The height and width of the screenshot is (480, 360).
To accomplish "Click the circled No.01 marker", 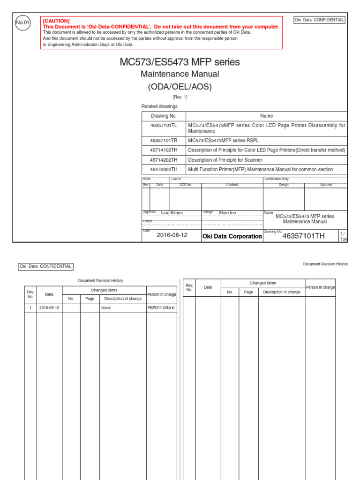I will [22, 22].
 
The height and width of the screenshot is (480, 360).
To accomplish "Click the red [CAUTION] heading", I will [56, 21].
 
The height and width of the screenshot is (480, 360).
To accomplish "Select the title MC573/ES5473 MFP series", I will [180, 62].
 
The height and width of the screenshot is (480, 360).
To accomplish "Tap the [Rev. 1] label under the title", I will [180, 97].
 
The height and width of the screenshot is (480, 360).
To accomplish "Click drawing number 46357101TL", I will [164, 126].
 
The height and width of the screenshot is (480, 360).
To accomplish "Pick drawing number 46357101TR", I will [164, 141].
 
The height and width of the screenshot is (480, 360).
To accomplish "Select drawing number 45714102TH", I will [164, 150].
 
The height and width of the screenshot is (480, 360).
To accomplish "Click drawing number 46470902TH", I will [164, 169].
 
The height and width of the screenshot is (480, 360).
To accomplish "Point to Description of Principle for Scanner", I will [225, 160].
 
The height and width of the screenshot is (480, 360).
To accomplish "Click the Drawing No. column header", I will [164, 116].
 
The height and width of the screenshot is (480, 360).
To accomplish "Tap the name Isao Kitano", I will [172, 213].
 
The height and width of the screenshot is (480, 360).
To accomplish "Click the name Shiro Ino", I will [227, 213].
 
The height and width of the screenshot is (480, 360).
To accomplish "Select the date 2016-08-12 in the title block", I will [172, 235].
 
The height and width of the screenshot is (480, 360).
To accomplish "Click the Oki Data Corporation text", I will [232, 236].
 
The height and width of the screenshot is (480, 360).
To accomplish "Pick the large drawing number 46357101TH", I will [303, 236].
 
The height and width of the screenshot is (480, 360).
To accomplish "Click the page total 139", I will [343, 239].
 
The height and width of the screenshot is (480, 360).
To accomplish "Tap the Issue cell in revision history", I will [106, 308].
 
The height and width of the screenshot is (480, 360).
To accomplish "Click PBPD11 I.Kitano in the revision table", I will [162, 308].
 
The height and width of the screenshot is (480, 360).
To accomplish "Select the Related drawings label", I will [159, 106].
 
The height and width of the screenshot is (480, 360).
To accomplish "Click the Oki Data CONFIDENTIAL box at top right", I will [319, 20].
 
